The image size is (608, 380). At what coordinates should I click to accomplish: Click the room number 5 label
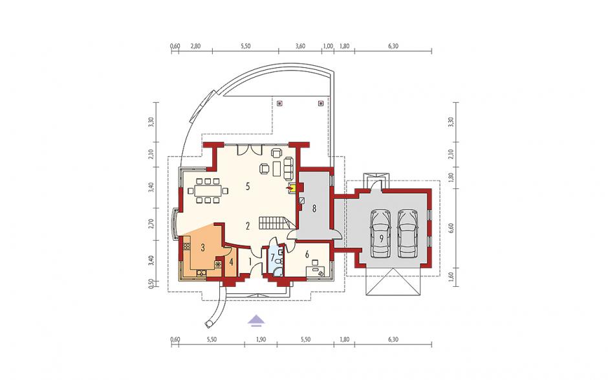coord(248,186)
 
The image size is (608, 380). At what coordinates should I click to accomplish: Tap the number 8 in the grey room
coord(314,208)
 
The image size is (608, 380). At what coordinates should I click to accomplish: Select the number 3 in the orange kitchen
coord(203,248)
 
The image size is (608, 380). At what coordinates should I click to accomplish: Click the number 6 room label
coord(307,254)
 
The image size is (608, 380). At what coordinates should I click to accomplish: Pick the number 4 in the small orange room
coord(232,262)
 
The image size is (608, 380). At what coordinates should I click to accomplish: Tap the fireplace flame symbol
coord(289,188)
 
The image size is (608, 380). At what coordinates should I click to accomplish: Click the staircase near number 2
coord(274,223)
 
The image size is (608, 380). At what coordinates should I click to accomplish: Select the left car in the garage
coord(381,234)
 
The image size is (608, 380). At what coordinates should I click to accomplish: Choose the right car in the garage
coord(407,234)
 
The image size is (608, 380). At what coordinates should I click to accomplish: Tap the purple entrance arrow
coord(256,319)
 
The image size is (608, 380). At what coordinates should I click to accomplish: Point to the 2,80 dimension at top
coord(195,46)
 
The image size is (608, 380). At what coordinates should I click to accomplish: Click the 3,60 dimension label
coord(300,46)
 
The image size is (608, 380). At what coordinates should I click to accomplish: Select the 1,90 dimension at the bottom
coord(261,340)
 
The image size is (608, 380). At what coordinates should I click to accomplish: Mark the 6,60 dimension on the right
coord(451,228)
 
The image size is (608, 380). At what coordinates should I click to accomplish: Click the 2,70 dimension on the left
coord(151,225)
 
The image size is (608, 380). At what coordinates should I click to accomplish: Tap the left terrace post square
coord(280,103)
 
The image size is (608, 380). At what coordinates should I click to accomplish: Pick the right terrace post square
coord(320,103)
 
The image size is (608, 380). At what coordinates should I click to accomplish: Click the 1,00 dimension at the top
coord(328,46)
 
